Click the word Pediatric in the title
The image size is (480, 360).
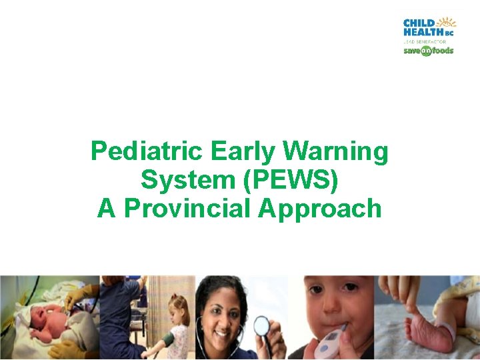coord(147,152)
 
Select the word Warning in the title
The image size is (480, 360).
coord(335,152)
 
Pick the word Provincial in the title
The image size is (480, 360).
coord(188,208)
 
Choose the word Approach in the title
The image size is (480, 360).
coord(320,208)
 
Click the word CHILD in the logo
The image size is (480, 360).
coord(419,23)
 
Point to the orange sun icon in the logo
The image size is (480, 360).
coord(449,22)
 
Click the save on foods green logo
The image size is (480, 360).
coord(428,51)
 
